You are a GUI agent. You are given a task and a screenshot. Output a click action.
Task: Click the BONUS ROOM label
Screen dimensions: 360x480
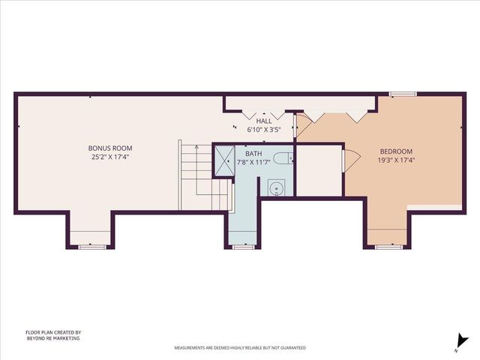tap(111, 148)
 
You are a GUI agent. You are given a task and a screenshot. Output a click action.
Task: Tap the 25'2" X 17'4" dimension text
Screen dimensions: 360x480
tap(111, 157)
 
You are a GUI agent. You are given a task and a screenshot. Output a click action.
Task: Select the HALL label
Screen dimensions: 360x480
tap(264, 121)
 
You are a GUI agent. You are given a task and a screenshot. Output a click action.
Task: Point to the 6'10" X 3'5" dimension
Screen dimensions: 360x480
tap(264, 130)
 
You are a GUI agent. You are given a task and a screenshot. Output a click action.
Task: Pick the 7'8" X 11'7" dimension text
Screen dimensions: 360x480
tap(253, 161)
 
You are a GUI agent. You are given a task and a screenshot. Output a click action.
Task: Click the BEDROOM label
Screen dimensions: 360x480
tap(396, 149)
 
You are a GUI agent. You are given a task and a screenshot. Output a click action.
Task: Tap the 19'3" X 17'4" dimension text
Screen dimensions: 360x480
tap(396, 159)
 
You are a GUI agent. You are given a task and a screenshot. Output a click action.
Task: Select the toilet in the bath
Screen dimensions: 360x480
tap(281, 157)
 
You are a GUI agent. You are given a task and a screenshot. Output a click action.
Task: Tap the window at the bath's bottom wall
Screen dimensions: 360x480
tap(243, 246)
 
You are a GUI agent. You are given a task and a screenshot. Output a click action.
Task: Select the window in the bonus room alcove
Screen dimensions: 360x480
tap(91, 246)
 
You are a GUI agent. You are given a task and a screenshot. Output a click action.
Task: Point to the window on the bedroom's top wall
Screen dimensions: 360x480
tap(403, 94)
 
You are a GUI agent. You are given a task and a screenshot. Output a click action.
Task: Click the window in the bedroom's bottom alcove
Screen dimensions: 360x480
tap(388, 246)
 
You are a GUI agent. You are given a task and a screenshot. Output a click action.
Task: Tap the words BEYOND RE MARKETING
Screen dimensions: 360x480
tap(52, 338)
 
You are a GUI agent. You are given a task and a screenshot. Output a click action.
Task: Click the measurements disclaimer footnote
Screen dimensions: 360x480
tap(240, 348)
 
